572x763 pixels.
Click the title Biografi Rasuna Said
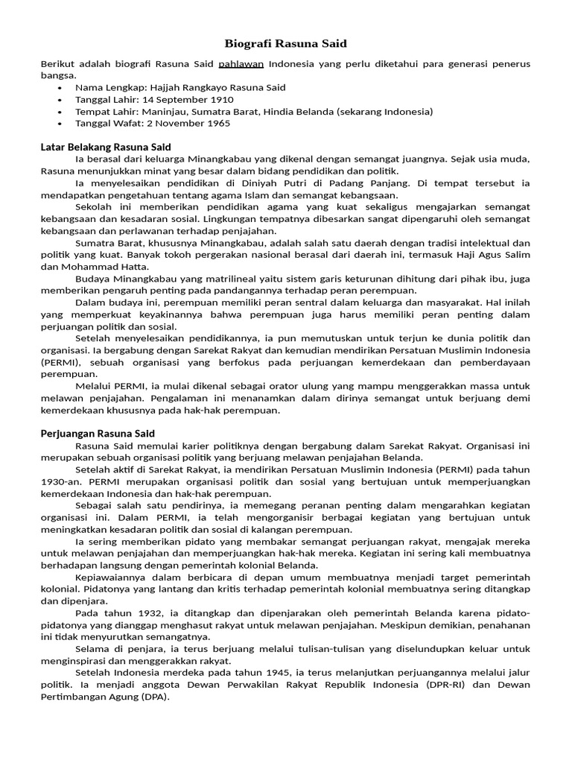pyautogui.click(x=286, y=44)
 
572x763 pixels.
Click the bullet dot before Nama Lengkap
pyautogui.click(x=60, y=88)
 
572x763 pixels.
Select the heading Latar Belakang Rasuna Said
pyautogui.click(x=106, y=147)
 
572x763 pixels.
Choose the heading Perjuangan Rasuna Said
pyautogui.click(x=97, y=433)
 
